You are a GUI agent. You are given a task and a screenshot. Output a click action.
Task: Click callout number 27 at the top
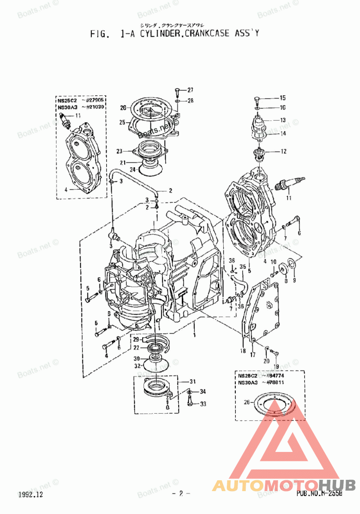click(x=190, y=89)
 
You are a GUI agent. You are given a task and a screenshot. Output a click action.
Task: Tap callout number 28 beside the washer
click(x=190, y=100)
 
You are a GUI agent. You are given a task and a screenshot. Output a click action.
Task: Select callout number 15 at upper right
click(x=283, y=98)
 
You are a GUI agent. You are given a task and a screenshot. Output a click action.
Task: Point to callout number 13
click(x=283, y=120)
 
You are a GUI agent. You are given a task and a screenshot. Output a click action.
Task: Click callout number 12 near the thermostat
click(x=283, y=152)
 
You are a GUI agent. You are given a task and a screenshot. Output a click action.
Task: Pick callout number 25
click(x=121, y=122)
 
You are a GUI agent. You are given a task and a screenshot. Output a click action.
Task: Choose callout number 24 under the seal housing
click(x=133, y=169)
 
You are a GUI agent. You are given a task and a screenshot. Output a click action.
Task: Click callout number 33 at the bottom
click(x=203, y=404)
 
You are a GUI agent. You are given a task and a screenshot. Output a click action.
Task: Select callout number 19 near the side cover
click(x=277, y=367)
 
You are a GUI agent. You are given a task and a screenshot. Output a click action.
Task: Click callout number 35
click(x=243, y=266)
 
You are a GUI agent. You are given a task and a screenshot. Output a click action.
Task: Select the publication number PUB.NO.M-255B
click(x=319, y=494)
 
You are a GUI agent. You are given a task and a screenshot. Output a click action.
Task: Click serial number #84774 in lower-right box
click(x=277, y=375)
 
